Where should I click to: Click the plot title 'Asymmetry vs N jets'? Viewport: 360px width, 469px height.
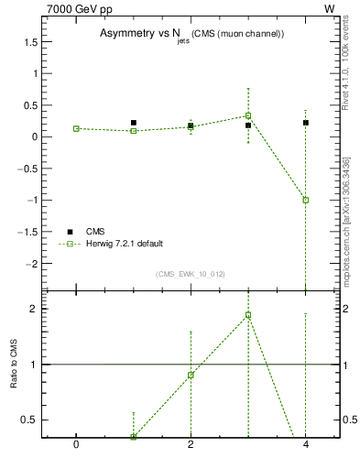pos(191,34)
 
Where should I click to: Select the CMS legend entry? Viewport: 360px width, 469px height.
pos(95,231)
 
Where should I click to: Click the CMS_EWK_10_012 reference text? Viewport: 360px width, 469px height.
pos(191,274)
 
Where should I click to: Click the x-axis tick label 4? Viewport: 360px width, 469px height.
pos(306,445)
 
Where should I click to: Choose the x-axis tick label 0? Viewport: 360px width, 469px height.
pos(76,445)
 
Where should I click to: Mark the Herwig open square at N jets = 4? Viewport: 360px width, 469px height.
pos(306,200)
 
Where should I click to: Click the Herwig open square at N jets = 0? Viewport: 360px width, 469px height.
pos(76,129)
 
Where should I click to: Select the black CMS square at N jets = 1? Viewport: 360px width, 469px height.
pos(134,123)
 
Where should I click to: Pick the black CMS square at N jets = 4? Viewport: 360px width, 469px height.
pos(306,123)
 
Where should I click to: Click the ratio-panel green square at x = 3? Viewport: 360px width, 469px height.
pos(248,315)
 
